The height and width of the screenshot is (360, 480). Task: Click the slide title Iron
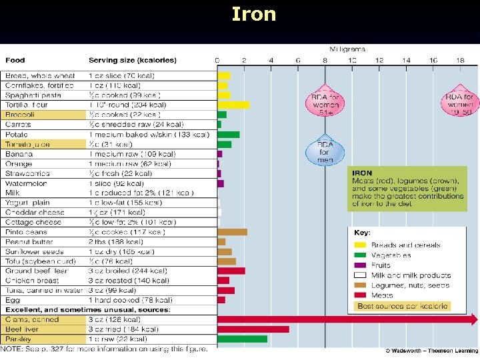(x=253, y=14)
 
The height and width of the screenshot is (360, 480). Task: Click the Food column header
(x=16, y=60)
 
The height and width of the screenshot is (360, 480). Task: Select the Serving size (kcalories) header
(x=133, y=60)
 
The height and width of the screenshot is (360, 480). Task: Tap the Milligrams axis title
(x=347, y=49)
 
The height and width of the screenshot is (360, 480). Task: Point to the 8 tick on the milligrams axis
(x=325, y=60)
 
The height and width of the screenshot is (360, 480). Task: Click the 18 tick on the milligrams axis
(x=460, y=60)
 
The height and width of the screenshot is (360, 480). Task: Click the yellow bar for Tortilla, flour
(x=233, y=105)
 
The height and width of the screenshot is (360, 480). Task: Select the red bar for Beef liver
(x=253, y=329)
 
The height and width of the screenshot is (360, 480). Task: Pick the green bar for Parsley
(x=243, y=339)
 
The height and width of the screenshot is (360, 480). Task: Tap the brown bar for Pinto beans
(x=232, y=232)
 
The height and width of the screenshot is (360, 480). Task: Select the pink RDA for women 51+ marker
(x=325, y=101)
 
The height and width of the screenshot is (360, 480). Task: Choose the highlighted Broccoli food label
(x=19, y=115)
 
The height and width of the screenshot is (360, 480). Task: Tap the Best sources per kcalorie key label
(x=403, y=306)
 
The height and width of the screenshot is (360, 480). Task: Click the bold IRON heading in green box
(x=362, y=173)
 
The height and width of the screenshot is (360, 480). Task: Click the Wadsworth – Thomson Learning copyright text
(x=431, y=351)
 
